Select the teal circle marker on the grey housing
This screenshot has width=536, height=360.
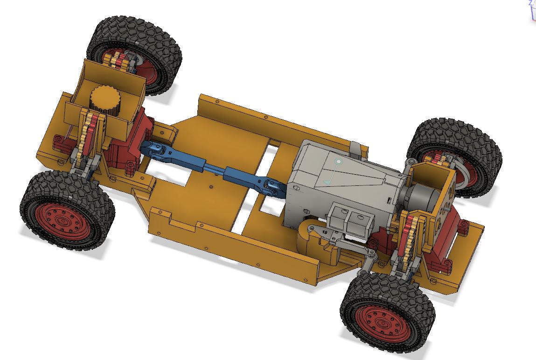[x=339, y=162]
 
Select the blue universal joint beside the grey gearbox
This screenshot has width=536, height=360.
[x=271, y=186]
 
